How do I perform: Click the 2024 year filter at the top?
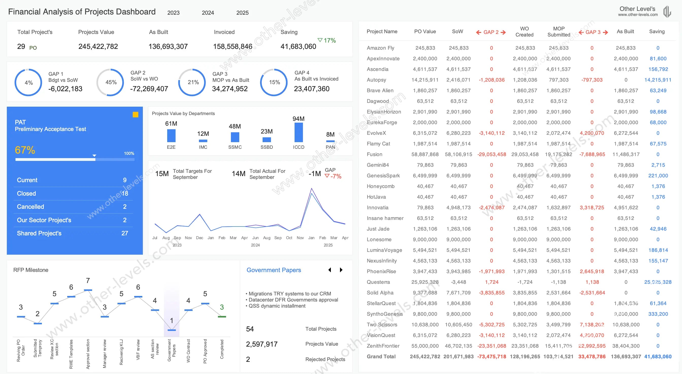pyautogui.click(x=208, y=13)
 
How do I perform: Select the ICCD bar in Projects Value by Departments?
pyautogui.click(x=298, y=133)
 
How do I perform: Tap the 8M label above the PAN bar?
pyautogui.click(x=330, y=134)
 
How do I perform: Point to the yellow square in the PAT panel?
pyautogui.click(x=135, y=115)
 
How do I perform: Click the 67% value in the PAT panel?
pyautogui.click(x=25, y=150)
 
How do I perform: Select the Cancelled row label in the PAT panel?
pyautogui.click(x=30, y=207)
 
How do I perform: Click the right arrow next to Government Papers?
pyautogui.click(x=341, y=270)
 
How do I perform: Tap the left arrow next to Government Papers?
pyautogui.click(x=330, y=270)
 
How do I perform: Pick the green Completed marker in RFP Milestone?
pyautogui.click(x=222, y=316)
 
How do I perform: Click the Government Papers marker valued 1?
pyautogui.click(x=172, y=330)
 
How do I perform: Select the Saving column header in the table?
pyautogui.click(x=657, y=31)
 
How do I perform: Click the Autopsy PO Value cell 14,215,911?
pyautogui.click(x=425, y=80)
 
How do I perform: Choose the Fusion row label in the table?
pyautogui.click(x=374, y=154)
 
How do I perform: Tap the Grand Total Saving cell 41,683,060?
pyautogui.click(x=658, y=357)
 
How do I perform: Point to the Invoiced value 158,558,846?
pyautogui.click(x=233, y=47)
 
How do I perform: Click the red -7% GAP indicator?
pyautogui.click(x=333, y=176)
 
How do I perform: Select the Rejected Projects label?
pyautogui.click(x=325, y=359)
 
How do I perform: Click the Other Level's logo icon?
pyautogui.click(x=667, y=12)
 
